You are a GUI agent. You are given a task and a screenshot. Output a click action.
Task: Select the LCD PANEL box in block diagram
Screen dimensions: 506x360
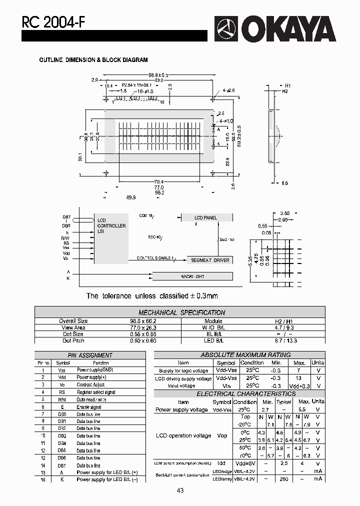206,217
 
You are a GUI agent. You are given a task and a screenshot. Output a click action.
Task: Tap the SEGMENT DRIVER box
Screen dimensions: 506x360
210,260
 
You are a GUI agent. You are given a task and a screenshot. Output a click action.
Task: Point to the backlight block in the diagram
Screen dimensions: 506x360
192,276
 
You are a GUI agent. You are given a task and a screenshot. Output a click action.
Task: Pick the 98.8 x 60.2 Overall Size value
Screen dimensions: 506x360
140,321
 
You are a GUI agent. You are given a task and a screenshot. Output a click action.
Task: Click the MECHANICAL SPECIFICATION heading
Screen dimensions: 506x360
181,312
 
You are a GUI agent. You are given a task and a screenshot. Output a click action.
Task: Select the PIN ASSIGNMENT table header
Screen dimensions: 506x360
89,355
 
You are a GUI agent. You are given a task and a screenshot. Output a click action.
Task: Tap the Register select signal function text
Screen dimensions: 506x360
96,392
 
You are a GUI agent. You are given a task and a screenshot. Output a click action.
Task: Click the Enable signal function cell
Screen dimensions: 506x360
89,407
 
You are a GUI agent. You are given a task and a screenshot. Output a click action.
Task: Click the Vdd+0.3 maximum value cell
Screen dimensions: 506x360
299,386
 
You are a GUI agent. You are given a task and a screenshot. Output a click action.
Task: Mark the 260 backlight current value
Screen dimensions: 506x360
283,478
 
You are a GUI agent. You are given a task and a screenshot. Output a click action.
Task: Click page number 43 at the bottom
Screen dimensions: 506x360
180,490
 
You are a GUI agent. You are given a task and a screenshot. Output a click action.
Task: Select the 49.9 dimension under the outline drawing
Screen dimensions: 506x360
131,198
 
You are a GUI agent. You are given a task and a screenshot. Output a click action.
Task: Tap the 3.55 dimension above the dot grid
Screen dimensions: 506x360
285,213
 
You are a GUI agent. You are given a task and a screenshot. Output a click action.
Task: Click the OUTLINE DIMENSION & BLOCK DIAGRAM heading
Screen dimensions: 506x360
93,60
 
